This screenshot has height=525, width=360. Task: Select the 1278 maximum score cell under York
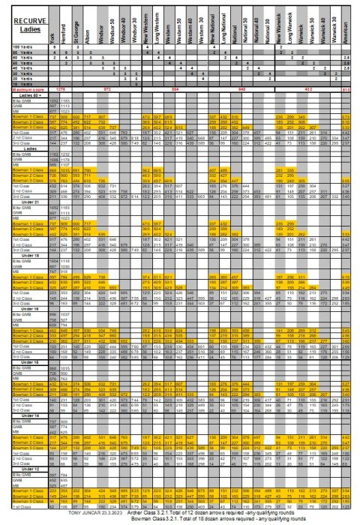(52, 88)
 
